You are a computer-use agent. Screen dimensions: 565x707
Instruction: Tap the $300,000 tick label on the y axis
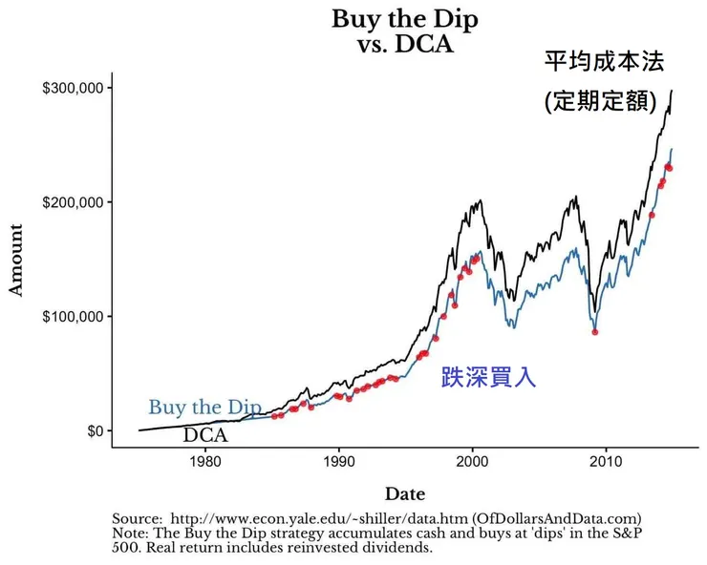[x=73, y=88]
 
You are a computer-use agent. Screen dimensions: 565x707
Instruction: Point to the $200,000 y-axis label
[x=73, y=202]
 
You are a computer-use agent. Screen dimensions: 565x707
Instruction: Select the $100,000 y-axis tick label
[x=73, y=316]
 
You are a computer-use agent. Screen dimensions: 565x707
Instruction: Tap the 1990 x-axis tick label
[x=338, y=464]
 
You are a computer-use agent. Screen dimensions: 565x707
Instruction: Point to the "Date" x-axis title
[x=404, y=493]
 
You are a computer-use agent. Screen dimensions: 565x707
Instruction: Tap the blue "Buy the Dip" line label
[x=204, y=408]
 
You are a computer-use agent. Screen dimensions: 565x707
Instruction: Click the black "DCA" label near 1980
[x=205, y=435]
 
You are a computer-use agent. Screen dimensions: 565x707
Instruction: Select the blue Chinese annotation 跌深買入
[x=488, y=378]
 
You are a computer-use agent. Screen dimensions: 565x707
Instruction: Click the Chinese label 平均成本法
[x=603, y=62]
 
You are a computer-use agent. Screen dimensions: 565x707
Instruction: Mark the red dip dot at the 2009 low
[x=595, y=332]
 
